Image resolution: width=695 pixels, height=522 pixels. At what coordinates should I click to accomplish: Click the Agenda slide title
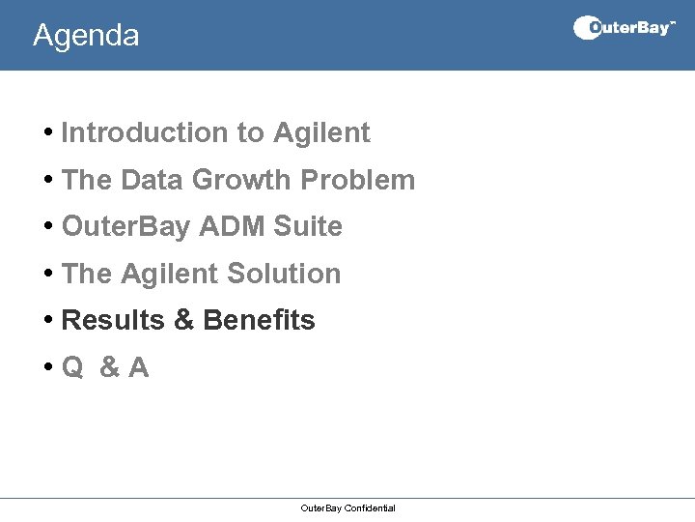pyautogui.click(x=86, y=36)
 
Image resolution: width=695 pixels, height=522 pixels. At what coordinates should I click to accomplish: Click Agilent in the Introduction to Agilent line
pyautogui.click(x=321, y=132)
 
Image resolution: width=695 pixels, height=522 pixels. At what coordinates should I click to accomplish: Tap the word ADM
pyautogui.click(x=232, y=226)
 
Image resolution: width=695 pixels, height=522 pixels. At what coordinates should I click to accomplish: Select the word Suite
pyautogui.click(x=308, y=226)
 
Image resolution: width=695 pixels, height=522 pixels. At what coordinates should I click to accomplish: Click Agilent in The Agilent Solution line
pyautogui.click(x=168, y=274)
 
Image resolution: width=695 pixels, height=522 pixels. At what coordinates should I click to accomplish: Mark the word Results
pyautogui.click(x=113, y=320)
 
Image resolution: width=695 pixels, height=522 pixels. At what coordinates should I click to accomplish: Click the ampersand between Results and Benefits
pyautogui.click(x=183, y=320)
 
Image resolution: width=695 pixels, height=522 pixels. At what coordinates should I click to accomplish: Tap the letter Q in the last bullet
pyautogui.click(x=71, y=367)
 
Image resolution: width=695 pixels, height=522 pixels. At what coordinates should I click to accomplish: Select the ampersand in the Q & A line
pyautogui.click(x=110, y=367)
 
